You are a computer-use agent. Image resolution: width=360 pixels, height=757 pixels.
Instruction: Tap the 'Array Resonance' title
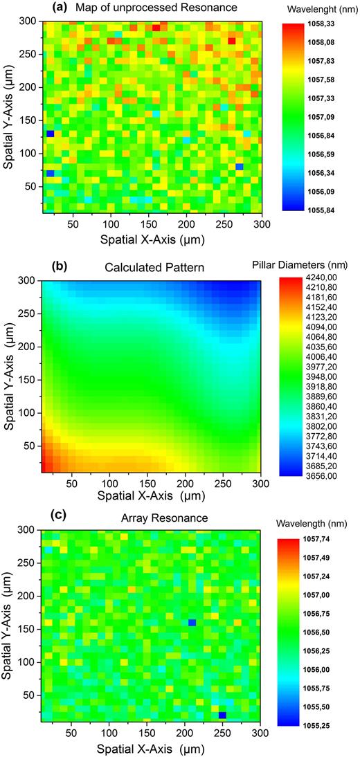tap(151, 519)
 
